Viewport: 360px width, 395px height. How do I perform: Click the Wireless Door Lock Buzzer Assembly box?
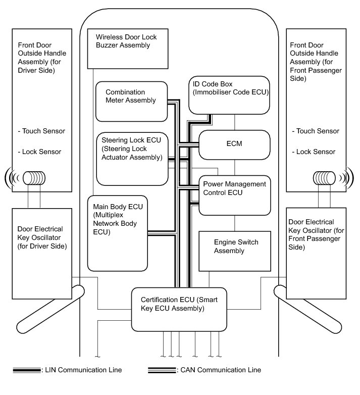point(128,48)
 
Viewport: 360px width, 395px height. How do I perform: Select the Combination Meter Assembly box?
point(131,101)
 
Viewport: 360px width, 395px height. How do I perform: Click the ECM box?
point(234,144)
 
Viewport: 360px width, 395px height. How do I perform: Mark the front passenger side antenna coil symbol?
point(326,178)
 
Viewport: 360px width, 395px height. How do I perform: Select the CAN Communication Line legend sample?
point(162,370)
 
